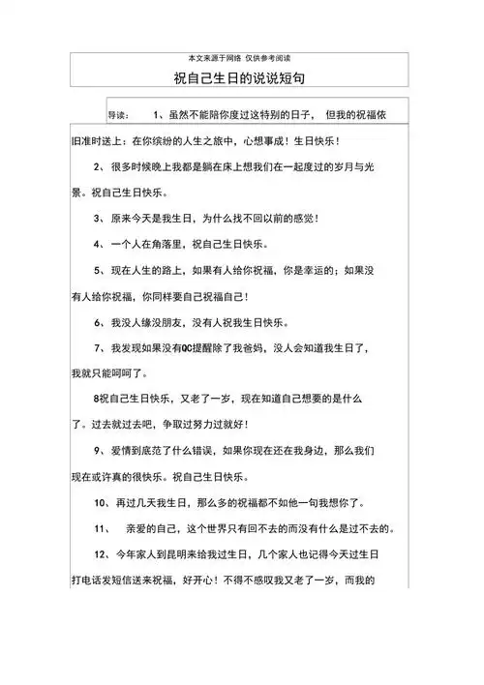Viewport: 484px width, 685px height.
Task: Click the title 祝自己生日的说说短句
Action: [242, 76]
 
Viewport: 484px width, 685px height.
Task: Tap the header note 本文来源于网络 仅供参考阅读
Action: [242, 58]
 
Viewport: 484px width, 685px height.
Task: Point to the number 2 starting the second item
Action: [98, 167]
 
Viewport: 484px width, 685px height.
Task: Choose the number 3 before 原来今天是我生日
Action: [98, 219]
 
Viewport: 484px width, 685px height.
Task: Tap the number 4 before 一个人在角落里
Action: [98, 244]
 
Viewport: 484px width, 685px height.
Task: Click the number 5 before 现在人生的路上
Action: [98, 270]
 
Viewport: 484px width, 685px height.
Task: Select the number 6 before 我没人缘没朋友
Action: [98, 321]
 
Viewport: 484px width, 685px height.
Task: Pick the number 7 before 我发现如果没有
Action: [98, 346]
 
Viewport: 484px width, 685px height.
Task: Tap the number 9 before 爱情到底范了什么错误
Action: [98, 450]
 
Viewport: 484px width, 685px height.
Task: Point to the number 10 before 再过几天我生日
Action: [101, 502]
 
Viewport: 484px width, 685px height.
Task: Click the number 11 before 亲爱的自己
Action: [101, 528]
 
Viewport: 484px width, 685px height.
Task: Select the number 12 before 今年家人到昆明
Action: [101, 554]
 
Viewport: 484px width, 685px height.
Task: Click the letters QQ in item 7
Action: [201, 346]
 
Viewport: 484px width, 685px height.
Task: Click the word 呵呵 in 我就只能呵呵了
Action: [129, 372]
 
